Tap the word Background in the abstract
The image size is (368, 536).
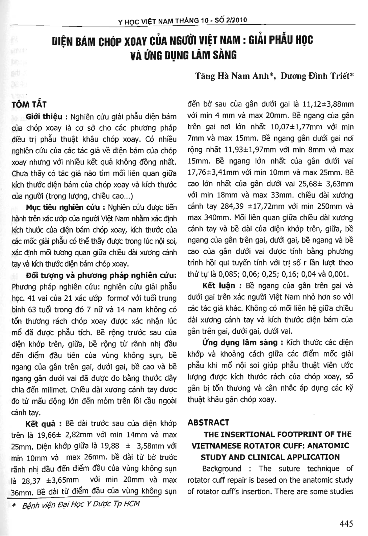[x=222, y=468]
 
